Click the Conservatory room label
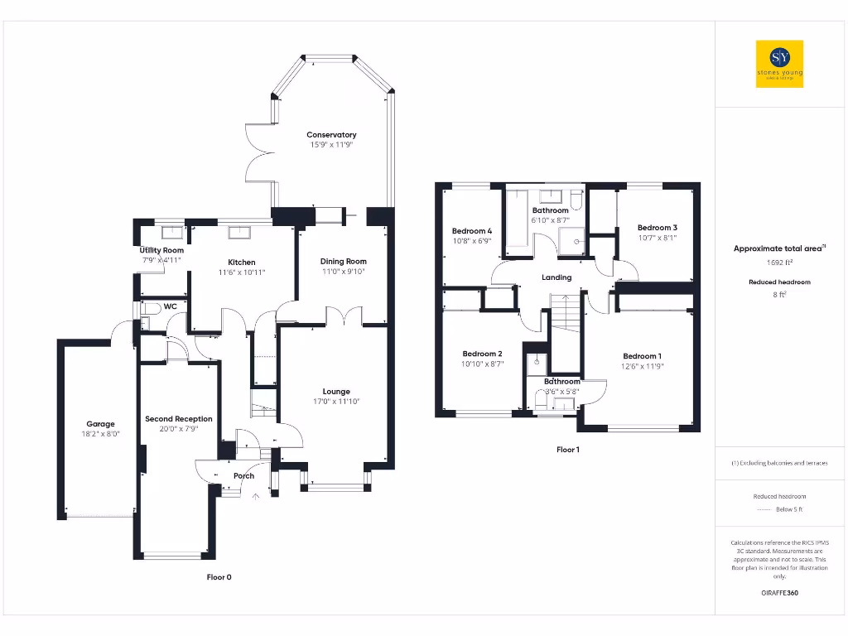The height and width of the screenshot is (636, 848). (x=331, y=135)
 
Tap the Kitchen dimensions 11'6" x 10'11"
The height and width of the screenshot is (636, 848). (x=242, y=272)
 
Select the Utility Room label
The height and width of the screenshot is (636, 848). (x=161, y=250)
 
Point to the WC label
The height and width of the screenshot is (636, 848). (x=171, y=306)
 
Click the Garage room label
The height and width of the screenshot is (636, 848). (x=101, y=424)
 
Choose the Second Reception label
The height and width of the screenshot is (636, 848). (x=179, y=419)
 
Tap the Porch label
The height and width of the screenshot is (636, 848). (x=243, y=476)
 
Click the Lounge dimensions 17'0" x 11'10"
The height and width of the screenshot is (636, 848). (x=336, y=402)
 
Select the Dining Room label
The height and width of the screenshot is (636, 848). (x=344, y=262)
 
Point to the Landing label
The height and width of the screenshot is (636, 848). (x=556, y=277)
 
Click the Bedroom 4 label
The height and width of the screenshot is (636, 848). (x=472, y=231)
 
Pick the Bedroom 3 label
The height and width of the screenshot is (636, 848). (x=657, y=228)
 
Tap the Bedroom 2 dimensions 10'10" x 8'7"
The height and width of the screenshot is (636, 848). (x=483, y=364)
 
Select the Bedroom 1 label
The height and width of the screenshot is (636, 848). (x=643, y=356)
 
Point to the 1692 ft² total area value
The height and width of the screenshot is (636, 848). (x=779, y=263)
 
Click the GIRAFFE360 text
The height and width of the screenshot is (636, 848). (x=779, y=593)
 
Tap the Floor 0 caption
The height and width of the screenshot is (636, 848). (x=219, y=577)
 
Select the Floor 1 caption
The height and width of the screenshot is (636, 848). (x=567, y=450)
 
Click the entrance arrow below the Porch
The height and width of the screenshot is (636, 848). (x=255, y=497)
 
